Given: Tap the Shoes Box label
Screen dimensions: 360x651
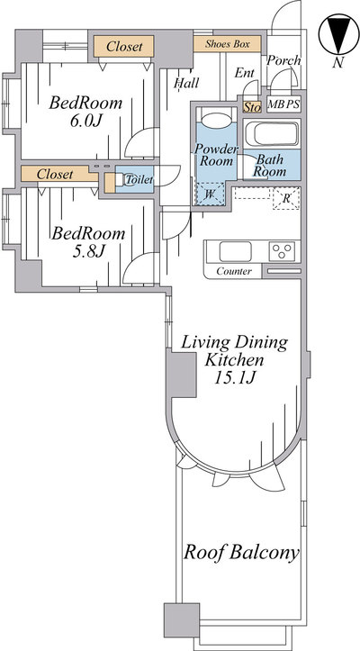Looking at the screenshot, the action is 228,43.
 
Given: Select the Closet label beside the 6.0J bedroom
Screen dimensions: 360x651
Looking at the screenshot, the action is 124,47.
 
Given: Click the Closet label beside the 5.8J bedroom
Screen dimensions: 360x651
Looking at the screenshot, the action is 55,175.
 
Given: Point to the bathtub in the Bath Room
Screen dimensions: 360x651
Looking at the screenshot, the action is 271,133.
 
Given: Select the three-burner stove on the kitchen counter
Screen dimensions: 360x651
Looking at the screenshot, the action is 282,251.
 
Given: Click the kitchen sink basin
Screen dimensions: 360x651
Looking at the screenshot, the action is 236,251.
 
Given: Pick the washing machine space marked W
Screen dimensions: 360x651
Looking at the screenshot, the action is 210,194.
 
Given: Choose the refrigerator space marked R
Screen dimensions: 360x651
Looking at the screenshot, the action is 286,198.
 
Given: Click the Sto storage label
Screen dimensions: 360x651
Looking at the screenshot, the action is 252,107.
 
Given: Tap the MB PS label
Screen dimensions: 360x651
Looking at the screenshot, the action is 283,104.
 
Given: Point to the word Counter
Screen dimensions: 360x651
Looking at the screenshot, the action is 234,272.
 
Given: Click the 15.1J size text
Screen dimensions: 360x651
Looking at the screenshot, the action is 234,378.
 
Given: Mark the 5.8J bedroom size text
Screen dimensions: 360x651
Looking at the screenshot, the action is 87,252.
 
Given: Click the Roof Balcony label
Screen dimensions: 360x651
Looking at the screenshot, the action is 241,553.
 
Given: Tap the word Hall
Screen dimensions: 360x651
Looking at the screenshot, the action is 186,83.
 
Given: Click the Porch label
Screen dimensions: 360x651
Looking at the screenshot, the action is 283,60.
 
